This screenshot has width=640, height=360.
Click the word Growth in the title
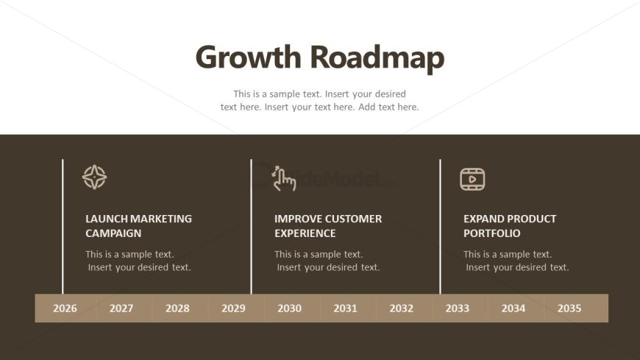pyautogui.click(x=248, y=57)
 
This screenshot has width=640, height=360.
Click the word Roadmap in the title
pyautogui.click(x=377, y=59)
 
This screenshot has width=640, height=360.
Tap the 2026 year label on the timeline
pyautogui.click(x=65, y=308)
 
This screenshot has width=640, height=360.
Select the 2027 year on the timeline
pyautogui.click(x=121, y=308)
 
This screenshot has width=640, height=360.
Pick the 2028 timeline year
pyautogui.click(x=177, y=308)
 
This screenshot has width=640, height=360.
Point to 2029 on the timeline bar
pyautogui.click(x=233, y=308)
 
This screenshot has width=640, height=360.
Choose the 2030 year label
pyautogui.click(x=289, y=308)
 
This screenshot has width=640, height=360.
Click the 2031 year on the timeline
pyautogui.click(x=345, y=308)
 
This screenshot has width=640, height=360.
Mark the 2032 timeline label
pyautogui.click(x=401, y=308)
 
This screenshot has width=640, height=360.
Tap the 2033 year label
pyautogui.click(x=457, y=308)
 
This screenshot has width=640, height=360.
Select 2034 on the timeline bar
pyautogui.click(x=513, y=308)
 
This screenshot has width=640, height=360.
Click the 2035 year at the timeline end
pyautogui.click(x=569, y=308)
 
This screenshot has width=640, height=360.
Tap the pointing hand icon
pyautogui.click(x=284, y=179)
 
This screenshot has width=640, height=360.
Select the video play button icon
pyautogui.click(x=472, y=179)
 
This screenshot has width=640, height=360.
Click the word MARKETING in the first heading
pyautogui.click(x=162, y=219)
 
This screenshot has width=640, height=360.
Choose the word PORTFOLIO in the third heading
pyautogui.click(x=492, y=233)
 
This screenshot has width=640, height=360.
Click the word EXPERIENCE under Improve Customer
pyautogui.click(x=305, y=233)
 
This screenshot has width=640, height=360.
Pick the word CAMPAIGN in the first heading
pyautogui.click(x=113, y=233)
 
